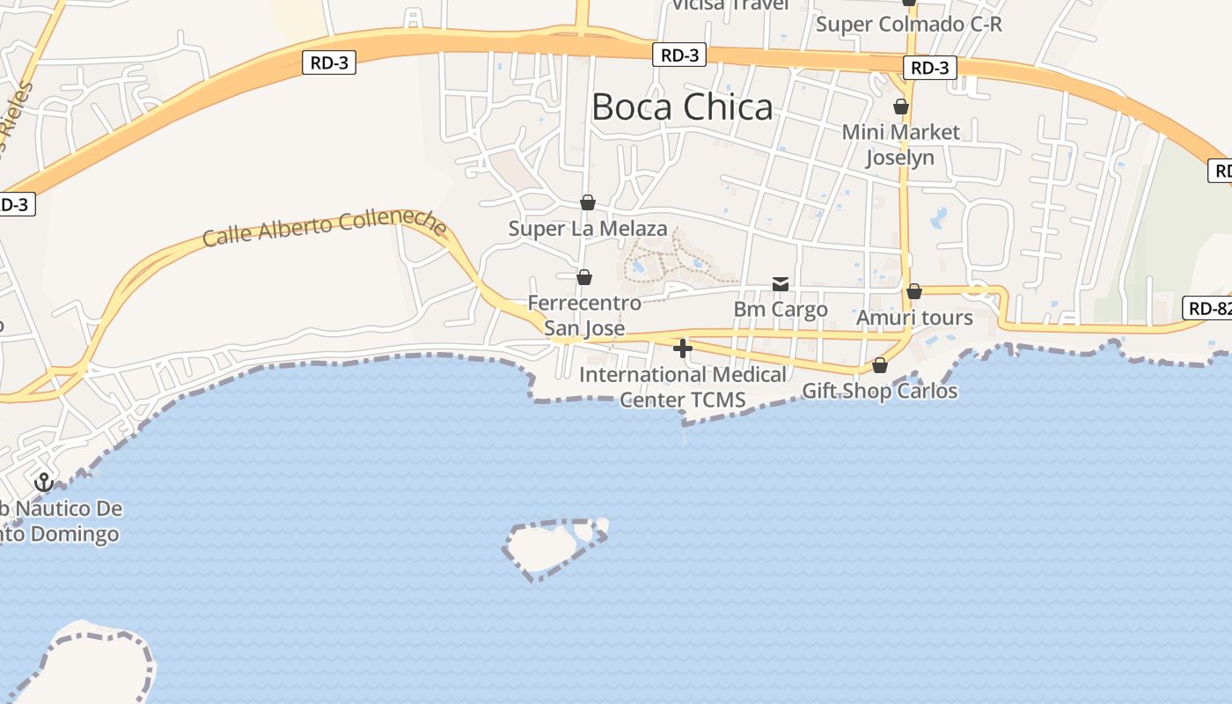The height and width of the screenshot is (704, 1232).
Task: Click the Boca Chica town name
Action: pos(682,107)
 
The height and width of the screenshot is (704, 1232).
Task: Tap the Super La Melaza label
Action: pos(588,229)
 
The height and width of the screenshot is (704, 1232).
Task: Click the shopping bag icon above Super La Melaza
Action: pos(588,202)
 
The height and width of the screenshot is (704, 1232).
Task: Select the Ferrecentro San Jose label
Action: pos(584,315)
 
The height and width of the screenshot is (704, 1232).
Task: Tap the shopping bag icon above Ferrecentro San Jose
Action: pos(584,277)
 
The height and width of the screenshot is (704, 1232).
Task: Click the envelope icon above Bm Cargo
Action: pos(781,283)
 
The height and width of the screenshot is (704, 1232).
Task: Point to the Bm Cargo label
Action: pos(781,310)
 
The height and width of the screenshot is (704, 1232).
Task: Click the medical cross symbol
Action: pos(682,348)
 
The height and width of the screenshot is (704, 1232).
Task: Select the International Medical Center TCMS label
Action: pos(683,387)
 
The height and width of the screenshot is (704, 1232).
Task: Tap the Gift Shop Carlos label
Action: pos(879,391)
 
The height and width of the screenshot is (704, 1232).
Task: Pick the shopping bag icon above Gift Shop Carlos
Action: pos(879,364)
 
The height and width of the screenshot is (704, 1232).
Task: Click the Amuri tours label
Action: pos(914,318)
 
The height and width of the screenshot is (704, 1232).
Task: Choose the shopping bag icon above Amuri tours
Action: pos(914,290)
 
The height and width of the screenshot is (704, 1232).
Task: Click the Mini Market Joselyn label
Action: pos(900,145)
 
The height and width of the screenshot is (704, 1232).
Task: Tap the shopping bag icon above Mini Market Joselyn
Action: pos(901,106)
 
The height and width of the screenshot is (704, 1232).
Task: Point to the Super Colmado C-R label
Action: pos(908,24)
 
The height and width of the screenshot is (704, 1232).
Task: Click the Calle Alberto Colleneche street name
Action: pos(324,228)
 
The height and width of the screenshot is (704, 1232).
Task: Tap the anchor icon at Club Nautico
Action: pos(43,481)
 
